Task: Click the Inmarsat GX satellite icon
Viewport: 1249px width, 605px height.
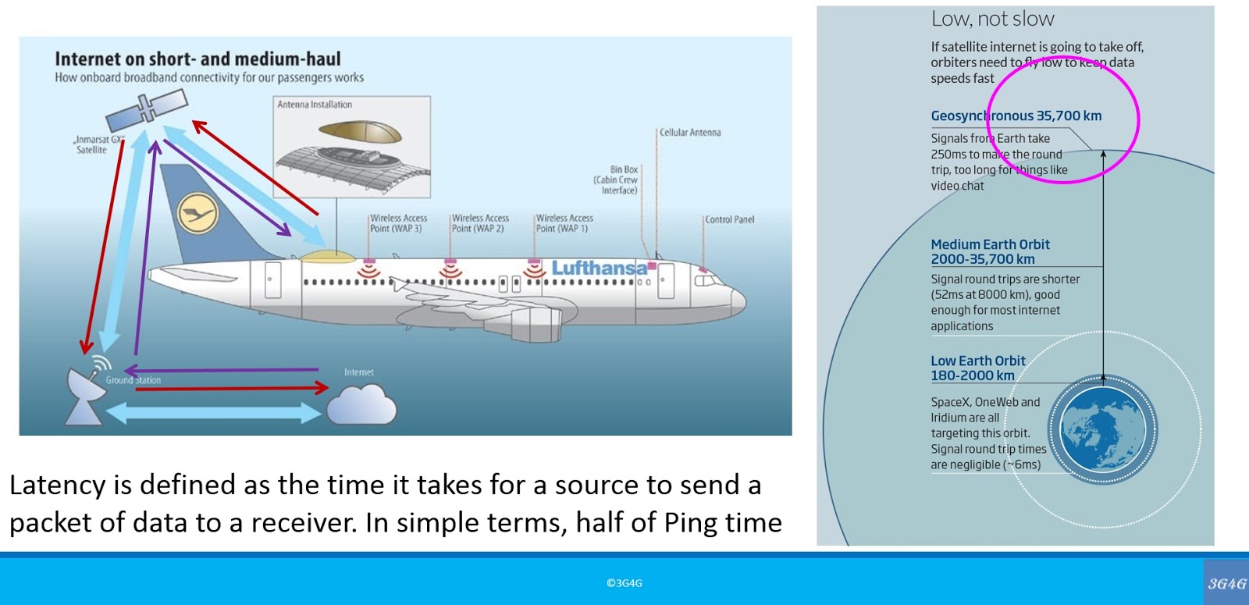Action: click(x=147, y=112)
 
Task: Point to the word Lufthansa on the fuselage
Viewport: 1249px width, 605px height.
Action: click(x=600, y=269)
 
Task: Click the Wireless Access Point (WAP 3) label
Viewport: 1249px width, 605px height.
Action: click(x=398, y=223)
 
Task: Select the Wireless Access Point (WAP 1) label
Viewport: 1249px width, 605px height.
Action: click(x=564, y=223)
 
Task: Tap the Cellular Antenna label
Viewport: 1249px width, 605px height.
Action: click(x=690, y=133)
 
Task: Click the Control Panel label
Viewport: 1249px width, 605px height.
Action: click(x=729, y=219)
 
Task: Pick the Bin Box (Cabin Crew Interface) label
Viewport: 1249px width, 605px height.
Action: click(x=617, y=180)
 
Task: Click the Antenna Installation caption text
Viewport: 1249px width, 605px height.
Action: click(x=315, y=105)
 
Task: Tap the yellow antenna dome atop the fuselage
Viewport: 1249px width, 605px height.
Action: click(x=326, y=254)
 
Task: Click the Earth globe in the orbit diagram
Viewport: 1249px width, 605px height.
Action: click(x=1102, y=431)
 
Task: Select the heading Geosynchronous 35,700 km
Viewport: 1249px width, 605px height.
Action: click(x=1016, y=116)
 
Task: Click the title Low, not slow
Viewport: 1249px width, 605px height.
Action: click(x=992, y=19)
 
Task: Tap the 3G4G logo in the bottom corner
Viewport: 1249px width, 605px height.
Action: click(x=1226, y=583)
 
